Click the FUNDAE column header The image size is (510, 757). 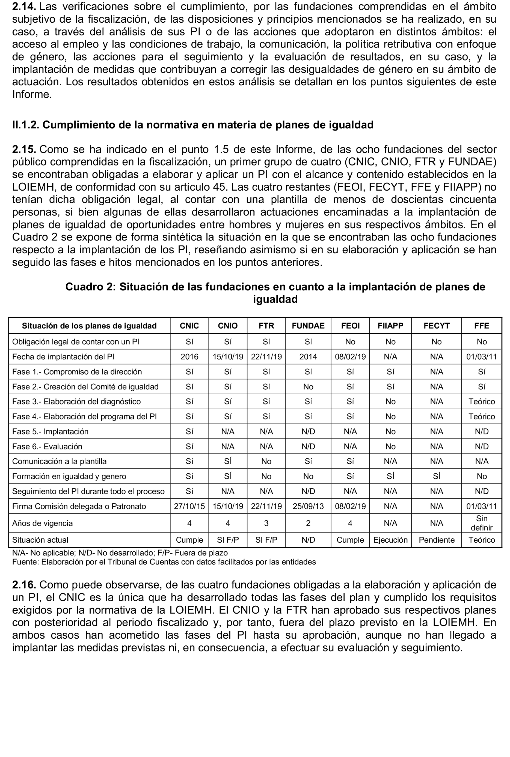pos(308,326)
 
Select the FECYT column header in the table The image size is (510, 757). pos(436,326)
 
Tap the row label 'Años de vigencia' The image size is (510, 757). pos(42,523)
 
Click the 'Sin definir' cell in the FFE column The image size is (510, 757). pos(481,523)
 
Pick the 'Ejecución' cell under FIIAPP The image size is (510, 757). pos(390,540)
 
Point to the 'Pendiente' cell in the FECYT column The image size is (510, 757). pos(436,540)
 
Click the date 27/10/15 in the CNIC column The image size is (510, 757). pos(189,506)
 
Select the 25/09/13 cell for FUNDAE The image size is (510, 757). pos(308,506)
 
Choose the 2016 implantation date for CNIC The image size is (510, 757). pos(189,357)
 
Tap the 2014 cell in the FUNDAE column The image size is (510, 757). pos(308,357)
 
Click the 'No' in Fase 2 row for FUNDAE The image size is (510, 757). pos(308,387)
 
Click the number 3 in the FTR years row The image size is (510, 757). pos(266,523)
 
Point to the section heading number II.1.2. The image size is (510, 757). pos(25,125)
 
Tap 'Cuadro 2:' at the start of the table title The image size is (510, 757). pos(90,287)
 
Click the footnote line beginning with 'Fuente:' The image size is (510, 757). pos(164,562)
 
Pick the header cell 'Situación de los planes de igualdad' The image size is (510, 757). pos(89,326)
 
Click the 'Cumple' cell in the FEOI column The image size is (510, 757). pos(350,540)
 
